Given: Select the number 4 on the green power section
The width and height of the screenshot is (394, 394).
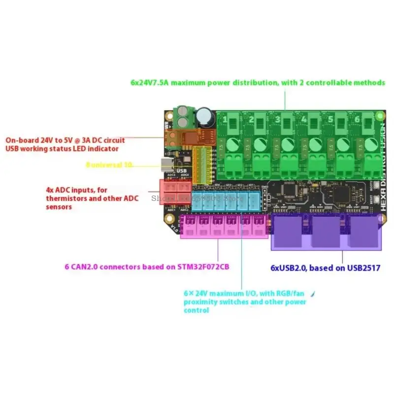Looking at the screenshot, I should coord(304,119).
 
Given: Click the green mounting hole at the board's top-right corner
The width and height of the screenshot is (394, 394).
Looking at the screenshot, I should coord(379,116).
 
